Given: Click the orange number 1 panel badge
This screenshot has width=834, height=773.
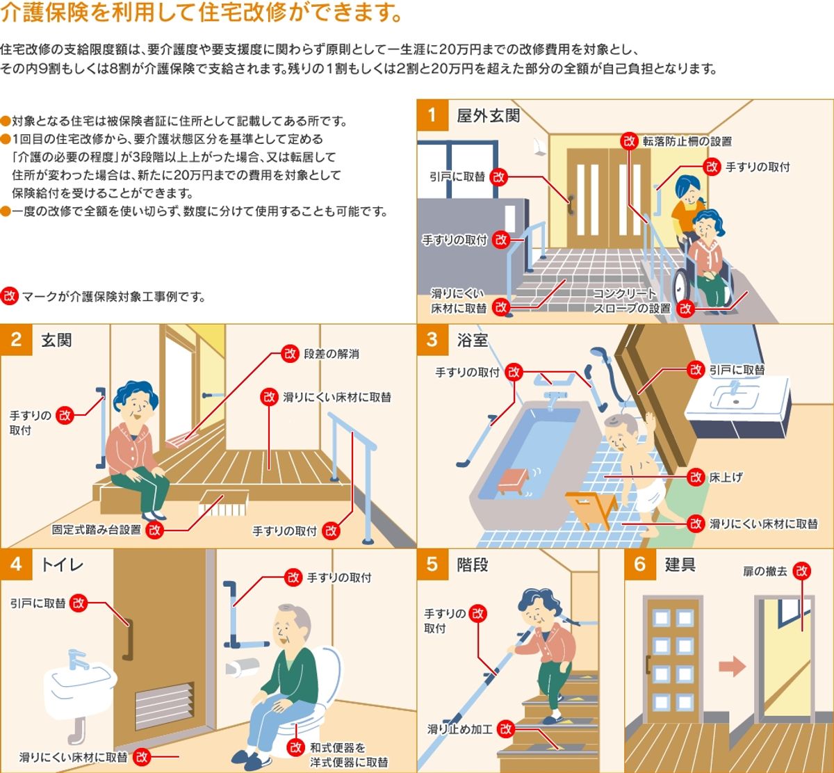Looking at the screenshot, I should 432,115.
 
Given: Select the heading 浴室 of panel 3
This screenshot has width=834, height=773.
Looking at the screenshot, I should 473,340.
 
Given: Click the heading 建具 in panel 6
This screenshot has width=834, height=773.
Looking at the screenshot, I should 680,564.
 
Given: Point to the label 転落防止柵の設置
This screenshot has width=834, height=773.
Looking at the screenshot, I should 687,141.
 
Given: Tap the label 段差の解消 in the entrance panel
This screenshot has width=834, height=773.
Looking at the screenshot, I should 332,354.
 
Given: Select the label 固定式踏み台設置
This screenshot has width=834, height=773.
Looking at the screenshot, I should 97,530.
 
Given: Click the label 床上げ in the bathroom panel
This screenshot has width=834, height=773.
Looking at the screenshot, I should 726,478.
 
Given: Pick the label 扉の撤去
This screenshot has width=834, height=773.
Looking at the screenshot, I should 765,571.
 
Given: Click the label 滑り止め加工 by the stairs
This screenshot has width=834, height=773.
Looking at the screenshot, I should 459,729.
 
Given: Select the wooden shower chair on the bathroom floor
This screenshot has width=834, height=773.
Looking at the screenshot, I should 591,507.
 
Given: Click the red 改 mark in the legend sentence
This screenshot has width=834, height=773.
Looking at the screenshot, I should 9,296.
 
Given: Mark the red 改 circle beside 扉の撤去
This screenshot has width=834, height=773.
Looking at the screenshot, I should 802,571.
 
